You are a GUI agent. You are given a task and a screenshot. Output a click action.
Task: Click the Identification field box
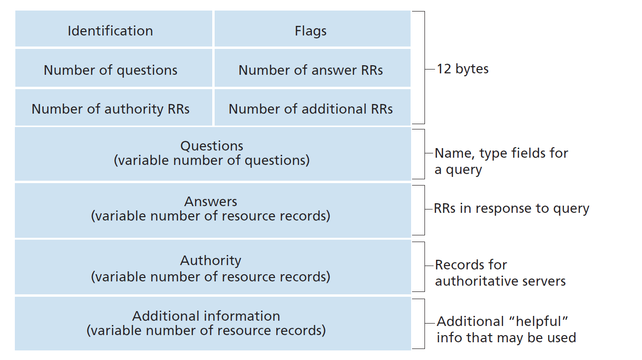(114, 29)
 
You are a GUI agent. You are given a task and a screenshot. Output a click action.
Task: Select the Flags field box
(312, 29)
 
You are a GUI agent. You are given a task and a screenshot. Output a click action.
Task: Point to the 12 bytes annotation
(462, 69)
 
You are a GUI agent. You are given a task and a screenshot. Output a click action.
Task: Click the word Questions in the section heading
(212, 146)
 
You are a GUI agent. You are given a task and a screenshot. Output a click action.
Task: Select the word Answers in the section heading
(211, 201)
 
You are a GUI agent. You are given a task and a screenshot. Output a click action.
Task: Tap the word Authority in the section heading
(211, 261)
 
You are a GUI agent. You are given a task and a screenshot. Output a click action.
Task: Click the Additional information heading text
(206, 316)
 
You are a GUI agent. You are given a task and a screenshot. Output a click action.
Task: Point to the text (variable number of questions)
(212, 160)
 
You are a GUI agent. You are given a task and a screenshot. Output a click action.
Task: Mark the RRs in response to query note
(512, 209)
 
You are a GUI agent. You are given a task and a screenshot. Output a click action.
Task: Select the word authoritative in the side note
(479, 281)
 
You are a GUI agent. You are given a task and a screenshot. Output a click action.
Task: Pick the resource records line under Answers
(211, 216)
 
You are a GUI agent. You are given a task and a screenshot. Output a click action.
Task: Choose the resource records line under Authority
(211, 277)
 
